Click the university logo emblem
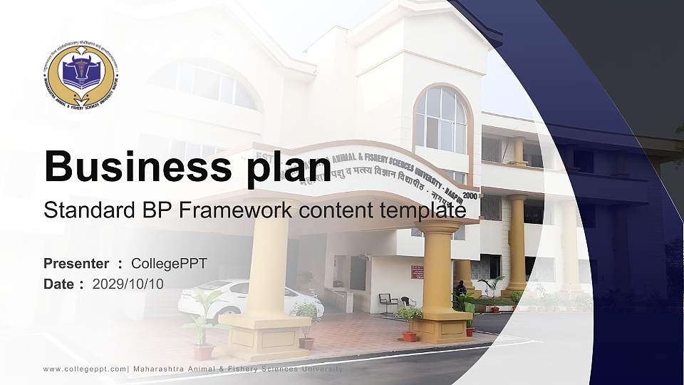(x=81, y=76)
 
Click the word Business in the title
(x=131, y=167)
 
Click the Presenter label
(x=76, y=264)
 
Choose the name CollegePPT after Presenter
(x=169, y=264)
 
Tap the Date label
(x=59, y=284)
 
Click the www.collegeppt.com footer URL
(x=85, y=369)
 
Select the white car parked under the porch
(x=249, y=299)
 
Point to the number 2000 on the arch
(x=470, y=195)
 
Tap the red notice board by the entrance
(x=417, y=272)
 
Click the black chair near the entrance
(x=387, y=302)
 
